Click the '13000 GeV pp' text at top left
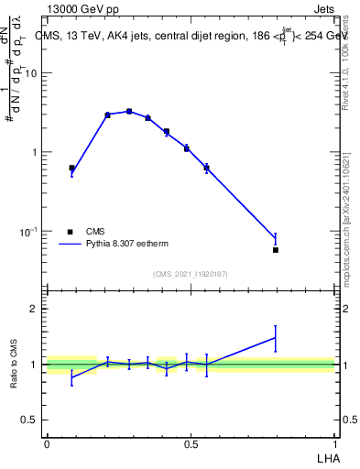(79, 8)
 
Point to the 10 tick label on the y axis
(31, 73)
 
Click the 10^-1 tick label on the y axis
(28, 231)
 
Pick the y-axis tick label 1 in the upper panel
(34, 152)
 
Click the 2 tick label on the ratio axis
(34, 309)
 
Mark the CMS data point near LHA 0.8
(276, 249)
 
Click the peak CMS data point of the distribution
(129, 111)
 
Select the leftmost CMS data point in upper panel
(71, 168)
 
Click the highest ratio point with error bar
(276, 338)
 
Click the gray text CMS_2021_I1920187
(191, 274)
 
